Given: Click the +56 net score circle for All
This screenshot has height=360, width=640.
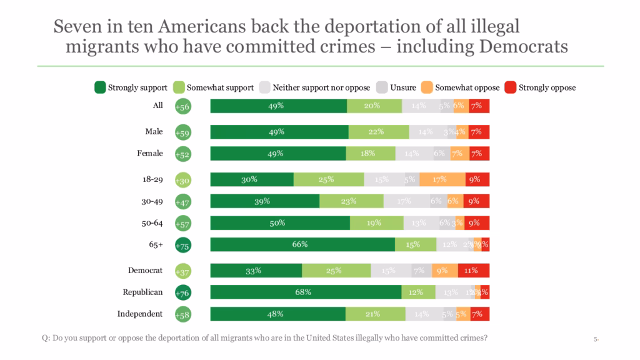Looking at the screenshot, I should pyautogui.click(x=182, y=106).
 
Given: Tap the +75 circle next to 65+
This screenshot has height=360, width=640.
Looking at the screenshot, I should pyautogui.click(x=182, y=246).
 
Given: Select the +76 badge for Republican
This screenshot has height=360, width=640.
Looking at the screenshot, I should pyautogui.click(x=182, y=292).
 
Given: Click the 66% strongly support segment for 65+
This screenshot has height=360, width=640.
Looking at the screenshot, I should pyautogui.click(x=302, y=244).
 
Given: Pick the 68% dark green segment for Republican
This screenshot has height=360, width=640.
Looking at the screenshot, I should pyautogui.click(x=306, y=292).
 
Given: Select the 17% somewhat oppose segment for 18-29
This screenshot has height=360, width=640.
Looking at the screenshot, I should pyautogui.click(x=442, y=179).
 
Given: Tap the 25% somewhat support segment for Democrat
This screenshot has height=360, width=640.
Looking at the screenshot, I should pyautogui.click(x=336, y=271).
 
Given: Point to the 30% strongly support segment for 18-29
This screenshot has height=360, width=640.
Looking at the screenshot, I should pyautogui.click(x=252, y=179).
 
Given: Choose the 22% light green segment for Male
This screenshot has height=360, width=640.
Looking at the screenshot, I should pyautogui.click(x=379, y=132).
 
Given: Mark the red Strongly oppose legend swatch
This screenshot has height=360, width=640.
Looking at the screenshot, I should pyautogui.click(x=509, y=87).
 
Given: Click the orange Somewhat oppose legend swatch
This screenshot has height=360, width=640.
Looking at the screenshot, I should pyautogui.click(x=426, y=87).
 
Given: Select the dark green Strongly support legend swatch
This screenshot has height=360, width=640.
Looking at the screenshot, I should pyautogui.click(x=99, y=87).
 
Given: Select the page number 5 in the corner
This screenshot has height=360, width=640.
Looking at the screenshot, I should pyautogui.click(x=596, y=339).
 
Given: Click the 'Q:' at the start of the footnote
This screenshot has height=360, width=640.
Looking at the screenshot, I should pyautogui.click(x=45, y=338).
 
